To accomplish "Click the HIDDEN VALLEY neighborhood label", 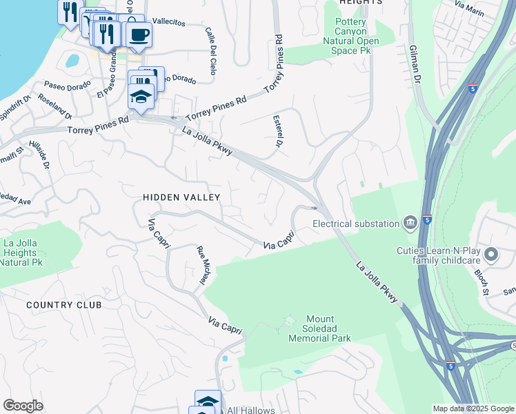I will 181,197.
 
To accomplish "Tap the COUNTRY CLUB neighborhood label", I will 63,305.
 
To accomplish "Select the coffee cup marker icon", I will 139,34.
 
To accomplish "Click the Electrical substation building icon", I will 410,222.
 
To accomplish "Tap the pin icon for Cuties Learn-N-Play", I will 491,255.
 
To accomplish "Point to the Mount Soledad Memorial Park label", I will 319,329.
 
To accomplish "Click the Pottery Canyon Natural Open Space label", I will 357,36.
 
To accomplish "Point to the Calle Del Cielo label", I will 210,50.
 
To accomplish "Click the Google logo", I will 23,405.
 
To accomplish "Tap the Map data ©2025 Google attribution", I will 473,408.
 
